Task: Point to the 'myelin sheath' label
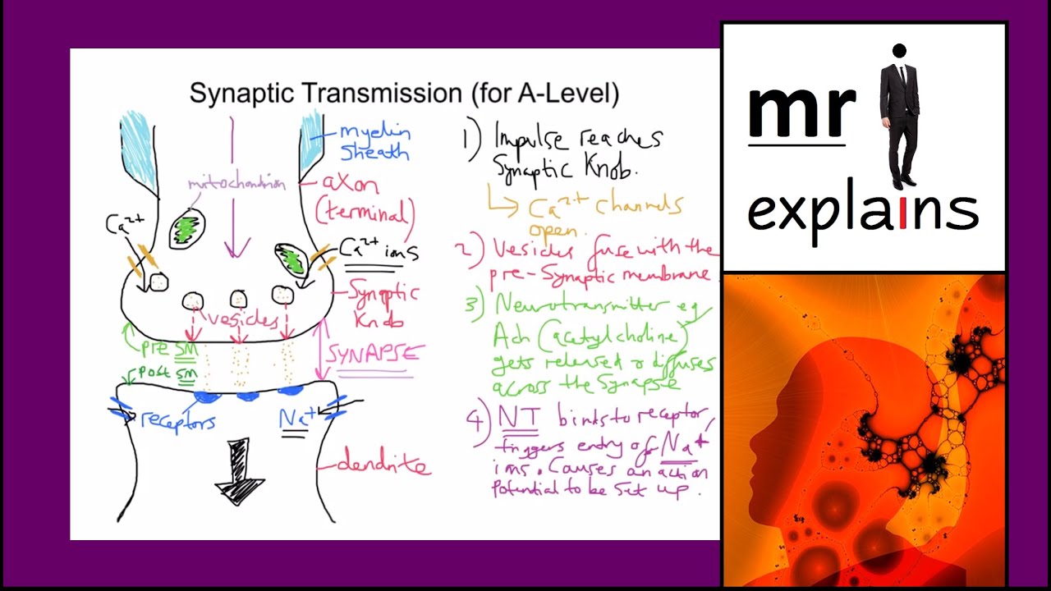pos(374,142)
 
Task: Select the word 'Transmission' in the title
pos(380,93)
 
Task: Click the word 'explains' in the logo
pos(862,212)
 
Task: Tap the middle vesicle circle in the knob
pos(238,299)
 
